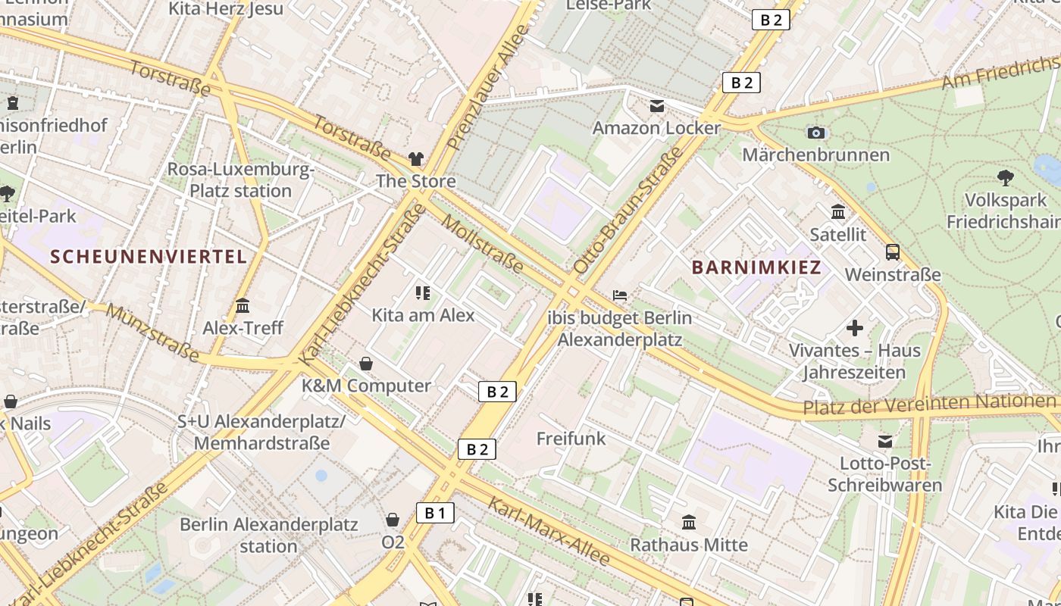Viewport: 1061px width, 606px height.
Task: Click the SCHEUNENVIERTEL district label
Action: pyautogui.click(x=149, y=256)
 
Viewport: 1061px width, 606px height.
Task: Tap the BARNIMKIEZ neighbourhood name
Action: pyautogui.click(x=756, y=267)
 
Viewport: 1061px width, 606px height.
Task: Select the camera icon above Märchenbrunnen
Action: pyautogui.click(x=815, y=133)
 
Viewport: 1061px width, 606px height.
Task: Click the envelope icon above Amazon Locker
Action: pyautogui.click(x=656, y=106)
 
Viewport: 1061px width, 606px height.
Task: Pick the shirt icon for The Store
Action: pyautogui.click(x=416, y=158)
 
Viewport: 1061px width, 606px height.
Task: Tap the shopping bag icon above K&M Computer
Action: pyautogui.click(x=366, y=364)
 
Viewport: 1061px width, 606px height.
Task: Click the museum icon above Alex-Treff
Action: pyautogui.click(x=243, y=306)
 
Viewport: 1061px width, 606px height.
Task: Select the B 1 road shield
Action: pyautogui.click(x=435, y=513)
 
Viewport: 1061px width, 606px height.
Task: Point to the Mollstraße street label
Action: pyautogui.click(x=482, y=244)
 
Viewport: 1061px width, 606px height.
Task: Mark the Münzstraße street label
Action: pyautogui.click(x=152, y=333)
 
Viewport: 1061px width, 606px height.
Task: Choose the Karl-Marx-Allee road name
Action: pyautogui.click(x=549, y=531)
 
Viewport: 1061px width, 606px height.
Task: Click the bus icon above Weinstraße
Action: pyautogui.click(x=893, y=252)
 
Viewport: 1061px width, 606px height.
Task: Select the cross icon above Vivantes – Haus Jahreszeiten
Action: pyautogui.click(x=855, y=328)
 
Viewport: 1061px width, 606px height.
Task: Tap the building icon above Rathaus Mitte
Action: pyautogui.click(x=689, y=523)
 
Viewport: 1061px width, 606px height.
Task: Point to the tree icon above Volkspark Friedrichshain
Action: pyautogui.click(x=1005, y=178)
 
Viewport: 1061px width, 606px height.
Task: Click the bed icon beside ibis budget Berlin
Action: pyautogui.click(x=620, y=295)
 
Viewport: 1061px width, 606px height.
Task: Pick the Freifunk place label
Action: pyautogui.click(x=571, y=439)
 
